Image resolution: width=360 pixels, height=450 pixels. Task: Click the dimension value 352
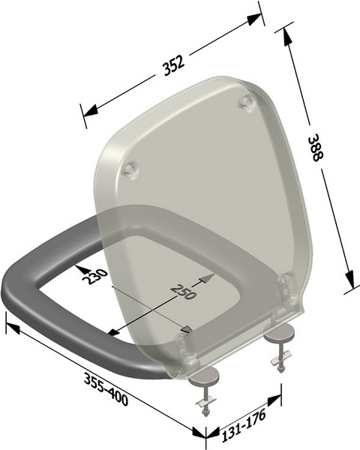pyautogui.click(x=173, y=66)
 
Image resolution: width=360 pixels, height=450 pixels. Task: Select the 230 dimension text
pyautogui.click(x=95, y=277)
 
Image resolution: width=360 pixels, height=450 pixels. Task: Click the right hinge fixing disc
pyautogui.click(x=281, y=333)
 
